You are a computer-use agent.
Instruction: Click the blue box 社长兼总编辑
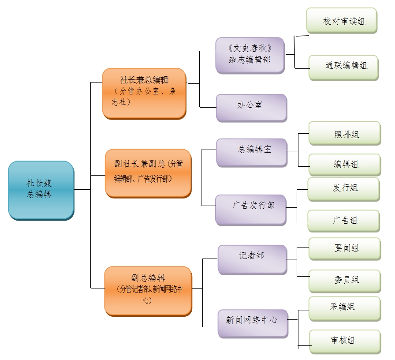[41, 190]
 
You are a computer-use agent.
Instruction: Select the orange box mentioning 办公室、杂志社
[144, 93]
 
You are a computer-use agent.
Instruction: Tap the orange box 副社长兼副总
[148, 172]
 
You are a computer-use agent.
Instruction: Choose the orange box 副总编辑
[148, 290]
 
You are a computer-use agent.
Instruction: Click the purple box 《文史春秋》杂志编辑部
[250, 55]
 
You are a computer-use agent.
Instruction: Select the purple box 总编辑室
[252, 152]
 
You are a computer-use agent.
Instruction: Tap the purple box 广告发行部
[251, 209]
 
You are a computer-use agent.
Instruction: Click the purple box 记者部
[252, 259]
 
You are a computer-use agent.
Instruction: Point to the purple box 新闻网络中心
[253, 323]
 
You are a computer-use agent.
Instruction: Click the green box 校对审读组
[342, 20]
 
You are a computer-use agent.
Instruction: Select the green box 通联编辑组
[343, 67]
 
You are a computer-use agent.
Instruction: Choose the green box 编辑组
[344, 164]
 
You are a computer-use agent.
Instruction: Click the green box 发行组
[343, 189]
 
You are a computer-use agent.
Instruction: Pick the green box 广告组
[343, 221]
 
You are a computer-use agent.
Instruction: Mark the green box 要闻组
[344, 248]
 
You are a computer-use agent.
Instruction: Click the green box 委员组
[344, 280]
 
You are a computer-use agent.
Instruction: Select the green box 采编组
[344, 308]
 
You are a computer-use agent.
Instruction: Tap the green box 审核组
[344, 341]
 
